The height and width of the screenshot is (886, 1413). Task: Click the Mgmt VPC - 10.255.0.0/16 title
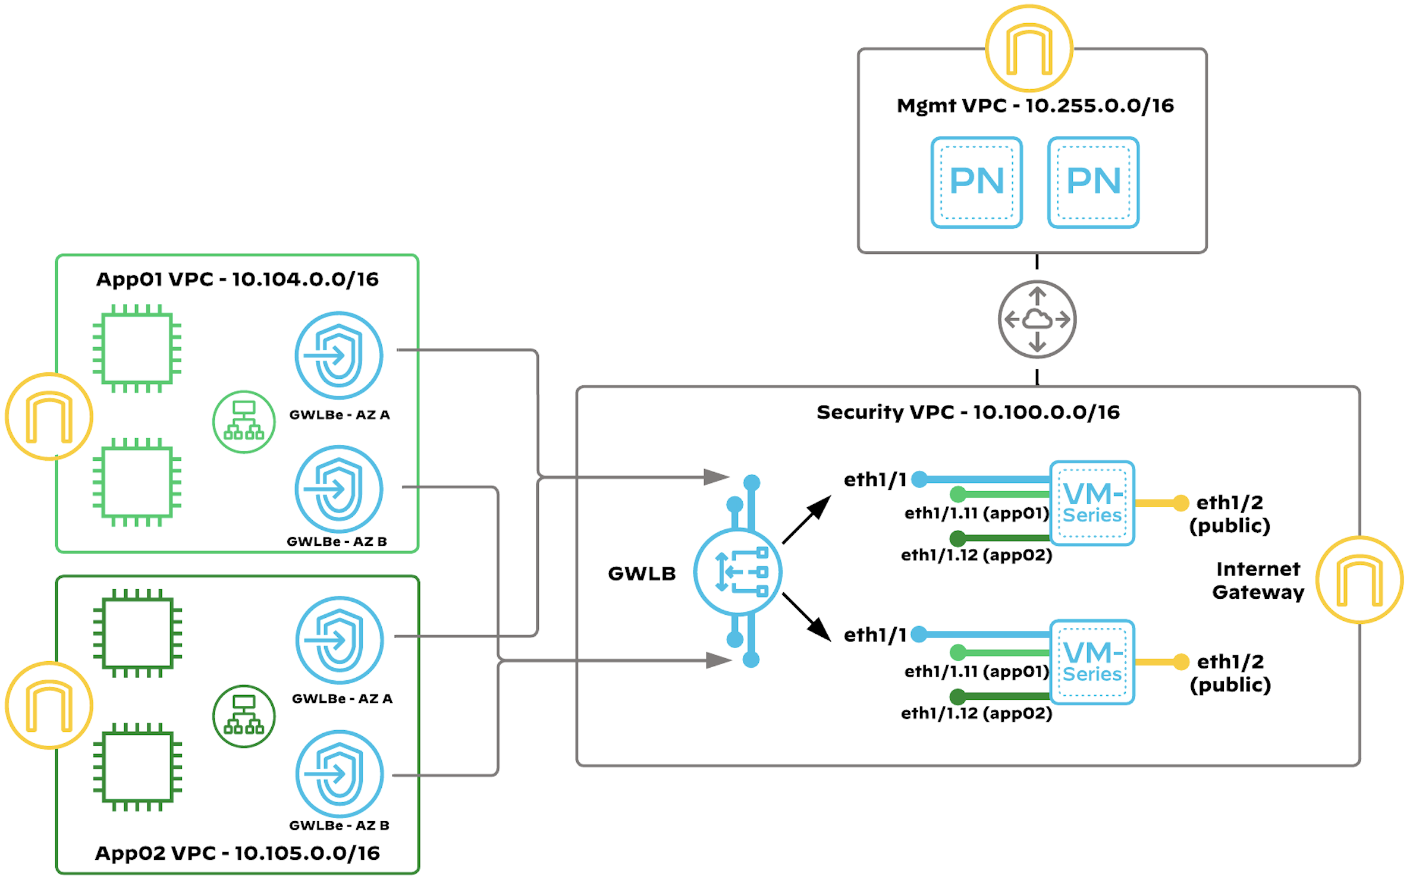point(1035,106)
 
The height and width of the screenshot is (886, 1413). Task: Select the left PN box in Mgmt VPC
point(976,182)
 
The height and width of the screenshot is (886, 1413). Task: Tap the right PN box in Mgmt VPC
point(1093,182)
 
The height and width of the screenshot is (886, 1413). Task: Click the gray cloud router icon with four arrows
point(1037,319)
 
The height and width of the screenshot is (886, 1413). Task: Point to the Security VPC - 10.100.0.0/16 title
point(968,412)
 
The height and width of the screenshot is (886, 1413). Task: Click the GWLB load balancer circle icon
point(737,571)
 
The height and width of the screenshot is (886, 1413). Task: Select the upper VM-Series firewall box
point(1092,503)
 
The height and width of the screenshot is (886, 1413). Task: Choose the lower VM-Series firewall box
point(1092,662)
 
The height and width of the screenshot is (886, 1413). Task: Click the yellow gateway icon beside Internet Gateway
point(1359,580)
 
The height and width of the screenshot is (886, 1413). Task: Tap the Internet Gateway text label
point(1258,580)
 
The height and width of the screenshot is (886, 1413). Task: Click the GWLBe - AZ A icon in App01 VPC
point(339,355)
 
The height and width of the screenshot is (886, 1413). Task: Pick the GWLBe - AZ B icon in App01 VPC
point(339,489)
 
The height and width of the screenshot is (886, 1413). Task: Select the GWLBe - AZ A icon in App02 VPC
point(340,640)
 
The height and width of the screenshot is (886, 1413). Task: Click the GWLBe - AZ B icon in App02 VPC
point(340,774)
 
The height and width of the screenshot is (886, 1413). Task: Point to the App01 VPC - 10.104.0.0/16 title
point(237,279)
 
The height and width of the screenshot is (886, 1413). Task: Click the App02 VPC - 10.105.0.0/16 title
point(237,853)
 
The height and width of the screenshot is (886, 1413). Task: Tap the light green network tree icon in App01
point(244,422)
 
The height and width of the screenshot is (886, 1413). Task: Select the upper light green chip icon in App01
point(137,348)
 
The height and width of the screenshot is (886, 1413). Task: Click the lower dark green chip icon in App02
point(137,767)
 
